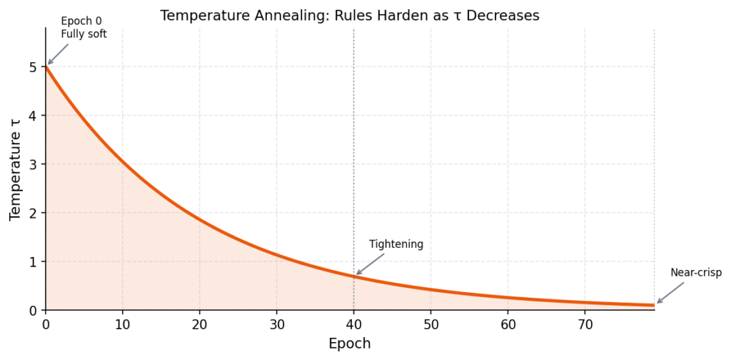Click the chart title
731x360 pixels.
tap(349, 15)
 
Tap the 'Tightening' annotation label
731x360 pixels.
tap(396, 244)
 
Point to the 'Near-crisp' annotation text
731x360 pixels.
tap(695, 273)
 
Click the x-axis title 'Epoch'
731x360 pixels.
tap(349, 344)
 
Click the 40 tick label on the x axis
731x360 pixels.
tap(353, 324)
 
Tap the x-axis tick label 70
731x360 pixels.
tap(585, 324)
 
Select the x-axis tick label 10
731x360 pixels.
tap(122, 324)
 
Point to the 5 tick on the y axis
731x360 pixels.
tap(33, 67)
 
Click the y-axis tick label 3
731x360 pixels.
tap(33, 164)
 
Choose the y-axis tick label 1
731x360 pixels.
tap(33, 261)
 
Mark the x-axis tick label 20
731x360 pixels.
tap(199, 324)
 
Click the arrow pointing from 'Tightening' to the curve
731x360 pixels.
tap(370, 264)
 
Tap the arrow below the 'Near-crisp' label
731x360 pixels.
tap(670, 293)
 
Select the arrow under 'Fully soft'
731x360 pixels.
tap(58, 54)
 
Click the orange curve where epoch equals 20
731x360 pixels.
tap(199, 219)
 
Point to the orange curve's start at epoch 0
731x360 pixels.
tap(46, 67)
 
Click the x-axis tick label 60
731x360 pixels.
tap(508, 324)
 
